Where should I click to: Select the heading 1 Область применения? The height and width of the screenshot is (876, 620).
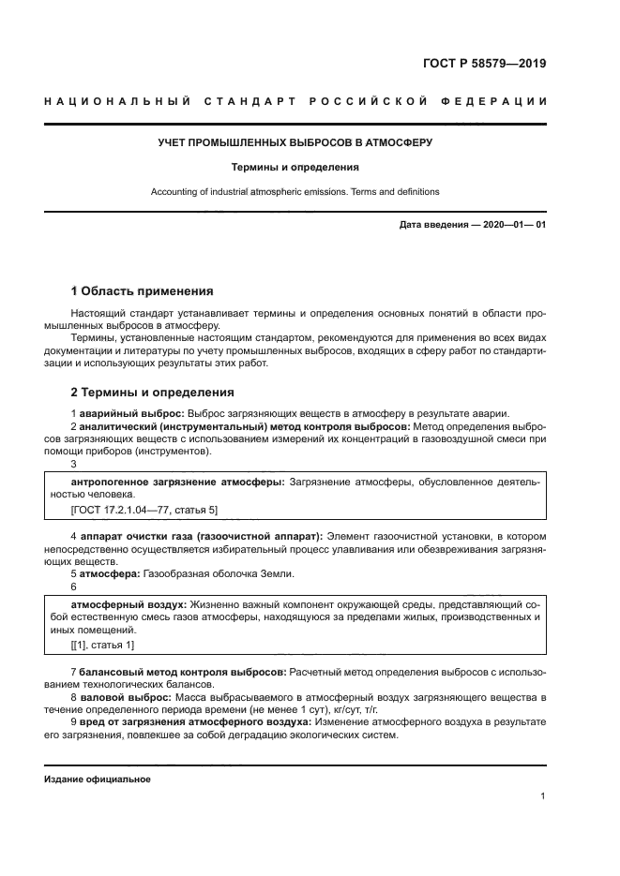pyautogui.click(x=142, y=291)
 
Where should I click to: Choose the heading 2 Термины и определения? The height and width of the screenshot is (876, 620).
pyautogui.click(x=153, y=392)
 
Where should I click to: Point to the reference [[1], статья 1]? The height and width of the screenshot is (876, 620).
pyautogui.click(x=102, y=645)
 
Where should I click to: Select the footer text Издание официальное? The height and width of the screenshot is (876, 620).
pyautogui.click(x=97, y=779)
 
